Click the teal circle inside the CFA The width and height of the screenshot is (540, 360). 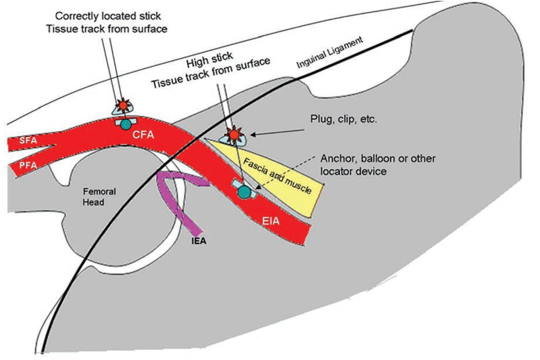tap(127, 123)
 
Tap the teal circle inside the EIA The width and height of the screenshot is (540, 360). tap(243, 192)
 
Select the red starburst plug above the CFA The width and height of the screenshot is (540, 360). tap(123, 105)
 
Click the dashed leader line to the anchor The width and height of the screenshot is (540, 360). tap(292, 174)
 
